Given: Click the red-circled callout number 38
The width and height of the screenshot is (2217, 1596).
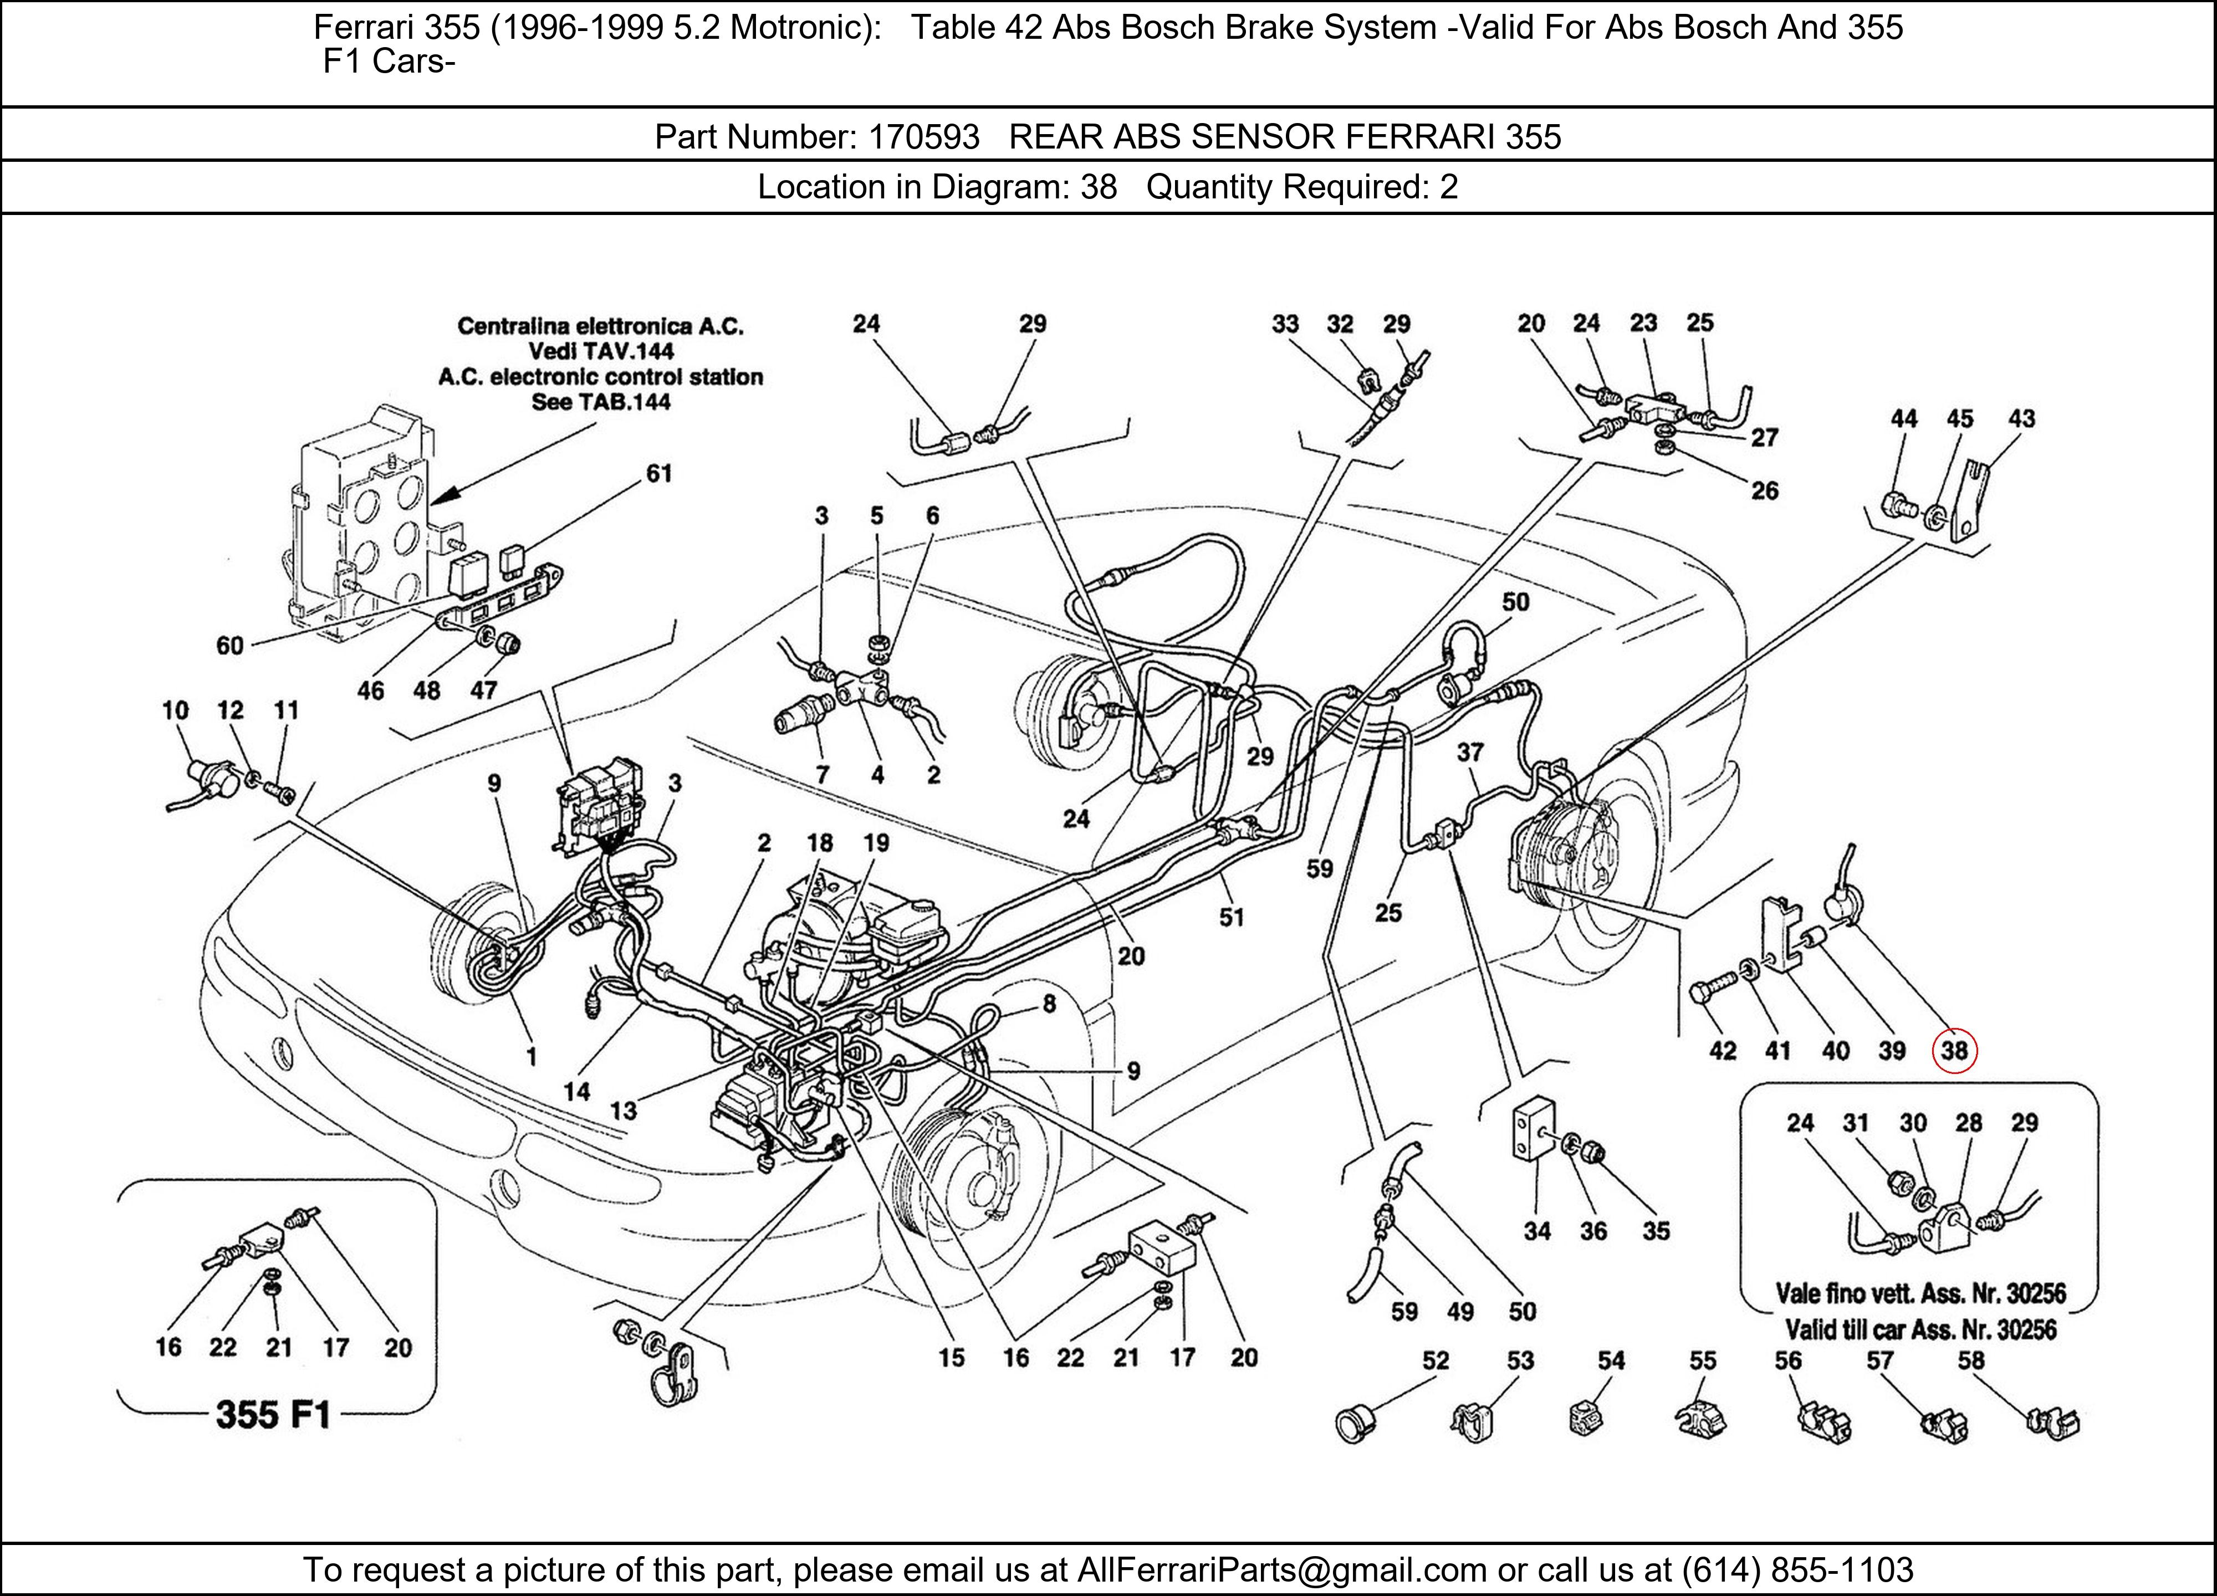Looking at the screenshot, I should click(1953, 1051).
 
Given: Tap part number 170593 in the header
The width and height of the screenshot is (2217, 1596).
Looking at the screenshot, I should click(924, 137).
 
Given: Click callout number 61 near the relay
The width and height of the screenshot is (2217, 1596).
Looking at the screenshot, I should click(659, 474).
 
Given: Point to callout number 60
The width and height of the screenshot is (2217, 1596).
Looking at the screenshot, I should click(229, 646).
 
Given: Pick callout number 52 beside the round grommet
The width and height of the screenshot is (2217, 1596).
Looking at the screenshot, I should click(1435, 1360).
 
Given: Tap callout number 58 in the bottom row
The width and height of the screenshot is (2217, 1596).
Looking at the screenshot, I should click(1971, 1360).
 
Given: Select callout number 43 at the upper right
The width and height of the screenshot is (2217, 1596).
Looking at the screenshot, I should click(2021, 420).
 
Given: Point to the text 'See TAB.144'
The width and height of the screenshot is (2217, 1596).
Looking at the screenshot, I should click(600, 402).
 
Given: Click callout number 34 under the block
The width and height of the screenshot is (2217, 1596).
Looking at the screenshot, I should click(1536, 1231).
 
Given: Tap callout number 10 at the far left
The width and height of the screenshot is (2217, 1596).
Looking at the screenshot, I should click(175, 710).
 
